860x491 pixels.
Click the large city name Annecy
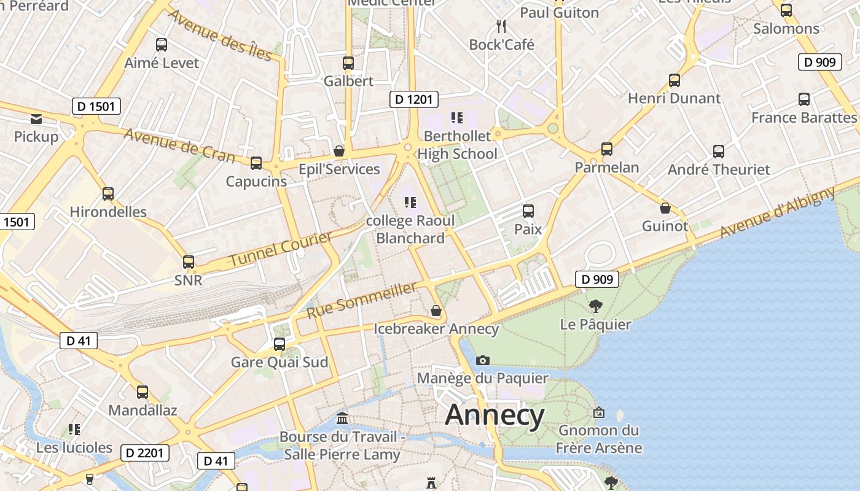(495, 416)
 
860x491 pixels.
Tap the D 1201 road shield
(414, 99)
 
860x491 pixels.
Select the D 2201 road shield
(144, 453)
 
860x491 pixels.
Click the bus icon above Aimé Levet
(162, 45)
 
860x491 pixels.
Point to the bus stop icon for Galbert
(348, 63)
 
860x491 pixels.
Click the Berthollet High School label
(458, 145)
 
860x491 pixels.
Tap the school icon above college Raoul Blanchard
(410, 202)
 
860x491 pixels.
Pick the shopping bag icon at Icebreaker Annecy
(436, 311)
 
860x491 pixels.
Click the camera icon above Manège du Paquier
(483, 360)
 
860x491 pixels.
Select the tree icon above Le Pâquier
(595, 306)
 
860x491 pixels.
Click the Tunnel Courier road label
(280, 249)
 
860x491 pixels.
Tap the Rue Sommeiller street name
(362, 300)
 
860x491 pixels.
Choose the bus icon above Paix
(528, 211)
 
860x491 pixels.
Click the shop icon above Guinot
(665, 208)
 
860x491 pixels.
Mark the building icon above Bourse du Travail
(342, 419)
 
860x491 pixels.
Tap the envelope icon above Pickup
(36, 118)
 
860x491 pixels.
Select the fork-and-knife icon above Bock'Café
(501, 26)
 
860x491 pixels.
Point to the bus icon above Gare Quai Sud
(279, 344)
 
